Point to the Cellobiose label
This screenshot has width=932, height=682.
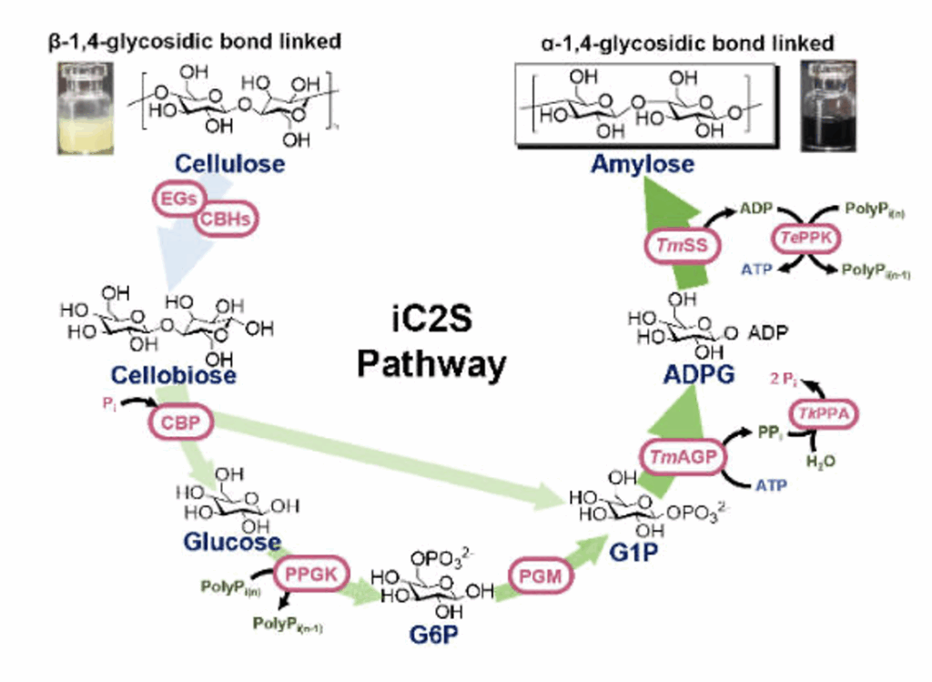point(174,374)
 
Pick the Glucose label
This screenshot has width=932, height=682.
point(232,542)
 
